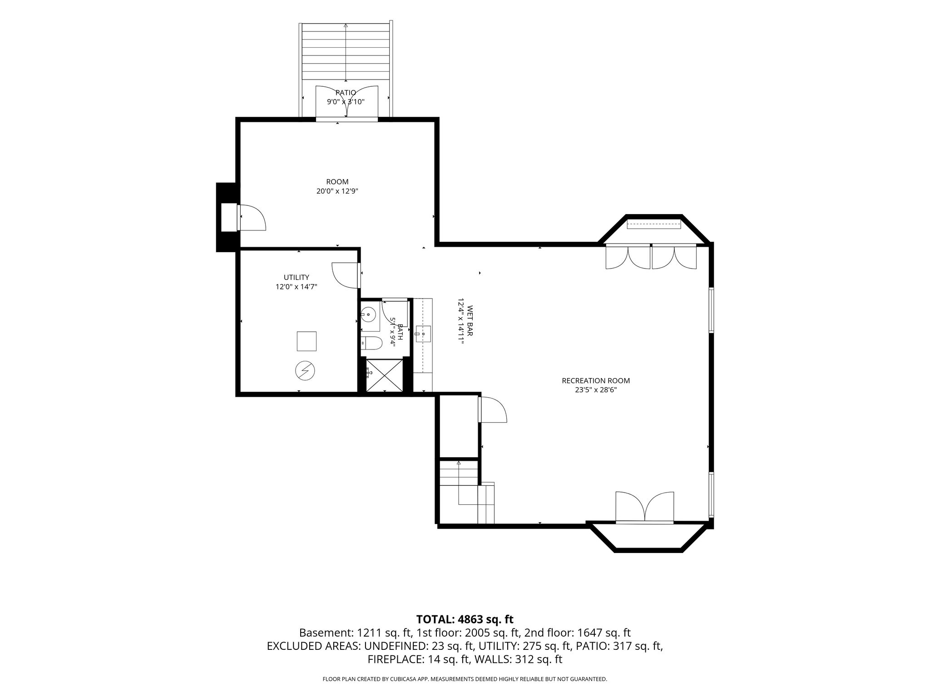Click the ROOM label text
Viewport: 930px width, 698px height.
click(x=337, y=182)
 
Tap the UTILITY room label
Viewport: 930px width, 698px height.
click(x=297, y=277)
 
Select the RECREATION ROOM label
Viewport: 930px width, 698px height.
click(x=596, y=381)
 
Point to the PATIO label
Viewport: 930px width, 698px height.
click(x=346, y=93)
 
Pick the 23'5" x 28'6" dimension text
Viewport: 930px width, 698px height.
click(x=596, y=390)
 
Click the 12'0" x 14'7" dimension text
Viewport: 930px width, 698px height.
click(x=297, y=287)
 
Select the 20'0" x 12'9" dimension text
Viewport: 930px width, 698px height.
click(x=337, y=191)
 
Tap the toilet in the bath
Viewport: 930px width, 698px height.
click(x=372, y=344)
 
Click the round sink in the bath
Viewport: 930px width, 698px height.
click(x=368, y=314)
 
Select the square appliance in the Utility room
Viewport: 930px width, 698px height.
click(x=307, y=341)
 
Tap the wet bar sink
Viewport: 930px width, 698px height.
click(x=423, y=334)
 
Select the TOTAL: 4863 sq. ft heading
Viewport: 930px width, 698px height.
click(x=465, y=619)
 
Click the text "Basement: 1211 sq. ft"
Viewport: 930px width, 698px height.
click(x=355, y=633)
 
